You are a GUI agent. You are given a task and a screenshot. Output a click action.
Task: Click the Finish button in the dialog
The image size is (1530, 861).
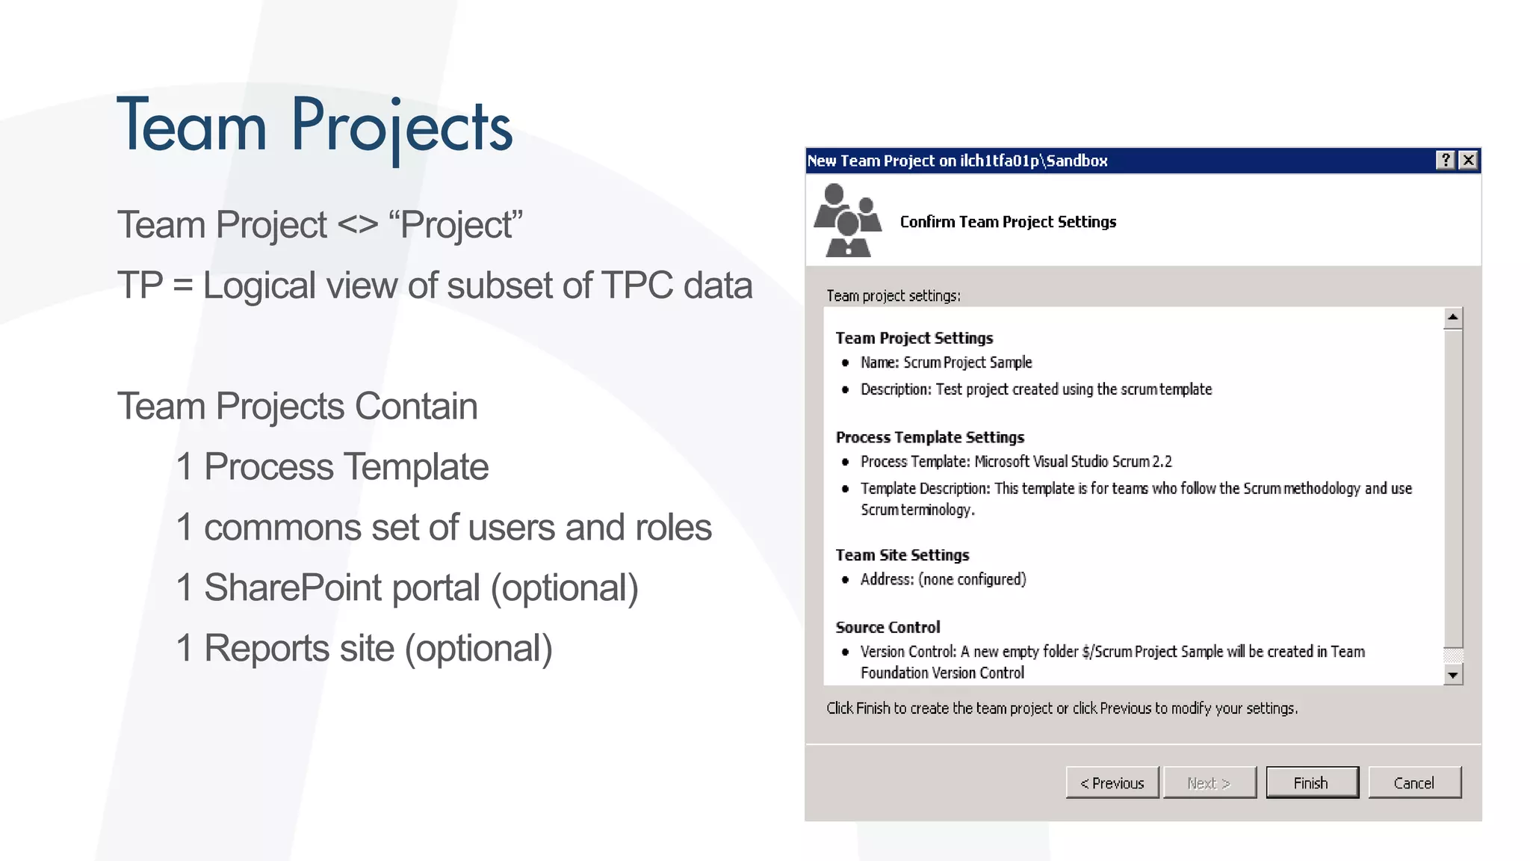tap(1312, 783)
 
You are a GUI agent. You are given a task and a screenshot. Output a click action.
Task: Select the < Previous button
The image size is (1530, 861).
tap(1112, 783)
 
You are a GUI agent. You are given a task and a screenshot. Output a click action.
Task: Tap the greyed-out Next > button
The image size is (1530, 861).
tap(1209, 783)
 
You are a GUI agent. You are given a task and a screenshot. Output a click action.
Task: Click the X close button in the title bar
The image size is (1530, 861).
tap(1469, 160)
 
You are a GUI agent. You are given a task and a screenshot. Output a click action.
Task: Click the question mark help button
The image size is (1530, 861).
tap(1446, 160)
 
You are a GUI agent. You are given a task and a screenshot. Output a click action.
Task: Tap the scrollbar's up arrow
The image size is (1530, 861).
tap(1452, 318)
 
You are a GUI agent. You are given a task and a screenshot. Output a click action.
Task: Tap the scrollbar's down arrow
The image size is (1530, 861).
tap(1452, 675)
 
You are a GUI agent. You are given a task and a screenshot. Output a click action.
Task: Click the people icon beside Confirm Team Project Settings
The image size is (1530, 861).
tap(847, 220)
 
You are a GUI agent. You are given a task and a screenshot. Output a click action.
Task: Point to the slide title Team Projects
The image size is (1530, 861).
tap(315, 126)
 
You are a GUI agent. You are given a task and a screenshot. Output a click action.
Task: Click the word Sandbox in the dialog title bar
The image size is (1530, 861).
tap(1077, 161)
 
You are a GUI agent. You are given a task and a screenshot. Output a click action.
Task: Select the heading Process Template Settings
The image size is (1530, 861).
tap(929, 437)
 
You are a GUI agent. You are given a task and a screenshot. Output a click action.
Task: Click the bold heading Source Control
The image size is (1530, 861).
tap(888, 627)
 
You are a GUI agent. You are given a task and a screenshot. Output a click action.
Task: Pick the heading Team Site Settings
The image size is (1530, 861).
tap(902, 555)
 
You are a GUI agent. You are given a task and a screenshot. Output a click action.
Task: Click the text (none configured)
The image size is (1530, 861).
tap(972, 579)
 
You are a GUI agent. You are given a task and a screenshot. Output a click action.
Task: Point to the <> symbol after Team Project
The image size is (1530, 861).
tap(357, 225)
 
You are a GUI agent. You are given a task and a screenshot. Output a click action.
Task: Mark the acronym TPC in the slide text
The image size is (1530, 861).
tap(637, 286)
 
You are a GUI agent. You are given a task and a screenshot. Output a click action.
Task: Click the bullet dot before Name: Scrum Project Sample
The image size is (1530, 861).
tap(845, 363)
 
